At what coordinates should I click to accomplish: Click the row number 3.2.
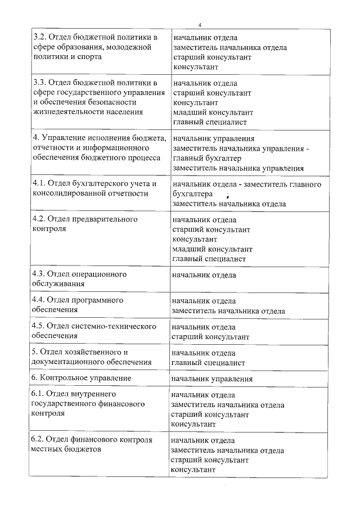click(x=39, y=38)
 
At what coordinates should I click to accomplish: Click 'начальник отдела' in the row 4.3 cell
click(x=204, y=275)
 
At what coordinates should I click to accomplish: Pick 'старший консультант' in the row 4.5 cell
click(x=210, y=337)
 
